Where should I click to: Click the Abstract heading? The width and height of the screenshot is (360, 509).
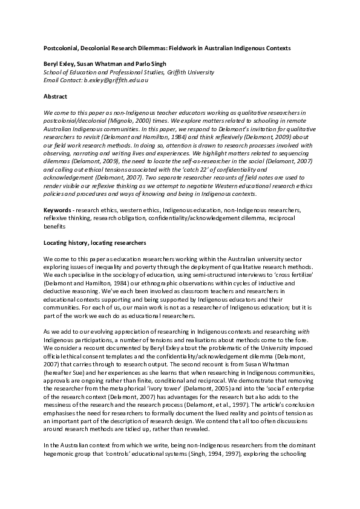(55, 96)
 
